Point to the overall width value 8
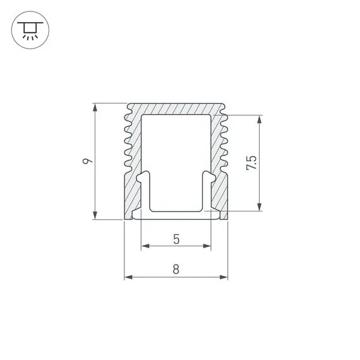(x=176, y=270)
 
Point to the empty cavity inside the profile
(x=176, y=158)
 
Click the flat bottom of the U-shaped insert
(x=176, y=212)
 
